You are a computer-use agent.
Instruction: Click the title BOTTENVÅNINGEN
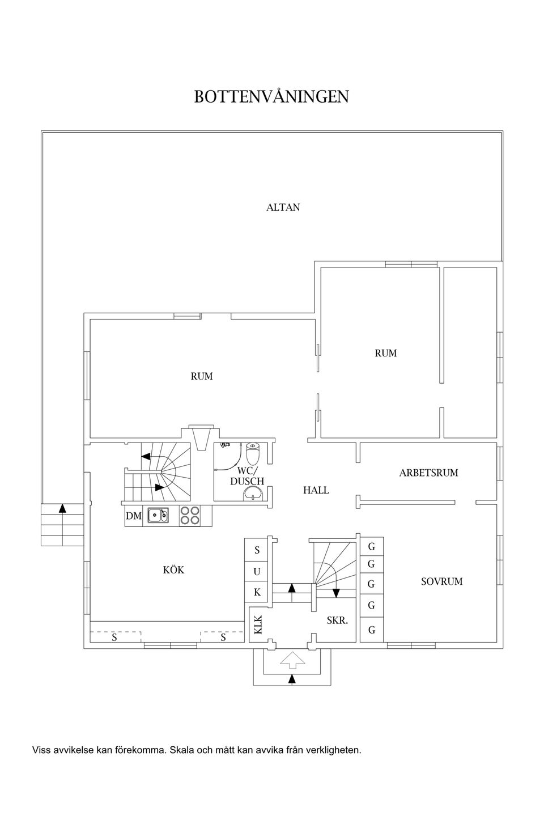271,96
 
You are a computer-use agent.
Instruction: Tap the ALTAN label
283,207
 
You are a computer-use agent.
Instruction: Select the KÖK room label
173,569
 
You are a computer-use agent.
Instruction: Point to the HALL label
316,490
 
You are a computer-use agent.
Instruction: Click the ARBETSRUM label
428,473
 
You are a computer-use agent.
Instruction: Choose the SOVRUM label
441,581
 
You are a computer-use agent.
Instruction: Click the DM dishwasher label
133,516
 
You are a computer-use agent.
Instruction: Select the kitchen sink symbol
158,516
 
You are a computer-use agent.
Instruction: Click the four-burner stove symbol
189,516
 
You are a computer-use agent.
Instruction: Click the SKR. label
337,620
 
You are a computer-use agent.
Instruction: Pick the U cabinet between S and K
257,572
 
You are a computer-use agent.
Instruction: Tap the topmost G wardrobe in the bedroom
372,546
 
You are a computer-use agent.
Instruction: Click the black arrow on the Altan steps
63,508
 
